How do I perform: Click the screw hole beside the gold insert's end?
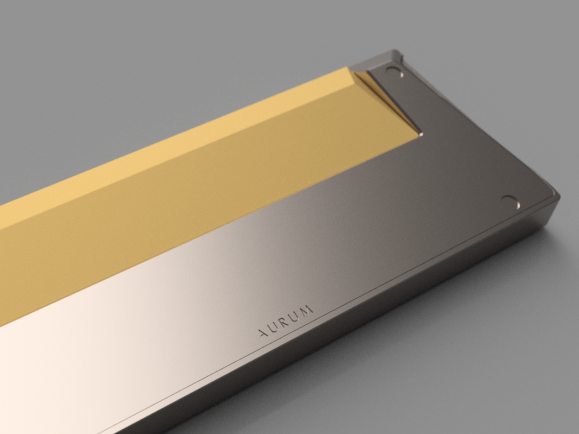[x=395, y=71]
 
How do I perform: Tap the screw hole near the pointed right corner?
[x=511, y=202]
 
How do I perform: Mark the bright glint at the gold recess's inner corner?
[x=420, y=133]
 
